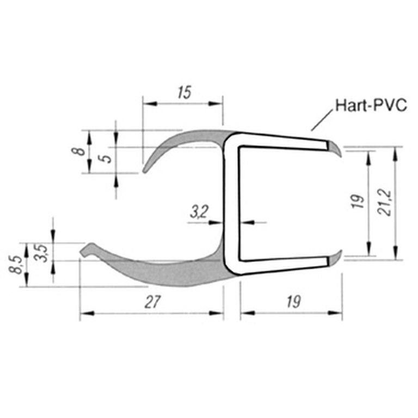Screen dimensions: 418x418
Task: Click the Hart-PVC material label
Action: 371,106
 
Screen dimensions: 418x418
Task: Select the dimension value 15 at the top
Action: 185,93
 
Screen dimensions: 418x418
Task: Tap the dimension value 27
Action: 152,302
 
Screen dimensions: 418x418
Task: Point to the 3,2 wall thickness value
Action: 199,212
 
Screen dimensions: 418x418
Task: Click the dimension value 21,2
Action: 384,203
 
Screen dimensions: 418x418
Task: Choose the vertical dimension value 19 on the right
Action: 359,201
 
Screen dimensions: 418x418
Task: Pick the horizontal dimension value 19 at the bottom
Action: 294,302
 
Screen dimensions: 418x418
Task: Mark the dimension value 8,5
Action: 15,265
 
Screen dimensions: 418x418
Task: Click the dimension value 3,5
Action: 41,254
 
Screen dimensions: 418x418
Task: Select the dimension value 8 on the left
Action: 78,151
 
